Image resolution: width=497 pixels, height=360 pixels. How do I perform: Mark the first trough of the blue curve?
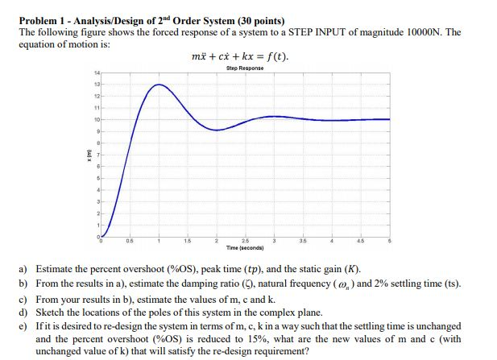click(217, 130)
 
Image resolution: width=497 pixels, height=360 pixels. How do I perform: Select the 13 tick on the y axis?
click(97, 84)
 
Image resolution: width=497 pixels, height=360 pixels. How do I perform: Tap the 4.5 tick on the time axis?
click(360, 242)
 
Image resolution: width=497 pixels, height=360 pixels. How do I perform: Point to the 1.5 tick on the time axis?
click(187, 242)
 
